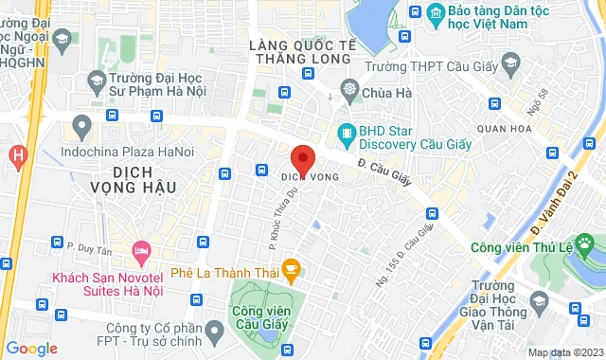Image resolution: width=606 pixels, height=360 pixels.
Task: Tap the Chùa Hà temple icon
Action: tap(349, 92)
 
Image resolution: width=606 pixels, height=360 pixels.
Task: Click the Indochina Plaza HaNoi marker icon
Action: tap(82, 124)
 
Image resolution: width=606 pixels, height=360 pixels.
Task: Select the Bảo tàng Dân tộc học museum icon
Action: tap(436, 11)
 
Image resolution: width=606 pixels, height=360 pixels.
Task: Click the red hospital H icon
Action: tap(17, 153)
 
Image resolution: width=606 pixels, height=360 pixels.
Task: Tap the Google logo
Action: tap(30, 349)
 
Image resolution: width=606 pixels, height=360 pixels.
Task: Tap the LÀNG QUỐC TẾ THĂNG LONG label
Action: tap(300, 52)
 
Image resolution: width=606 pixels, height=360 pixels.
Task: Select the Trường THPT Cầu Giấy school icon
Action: tap(511, 63)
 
